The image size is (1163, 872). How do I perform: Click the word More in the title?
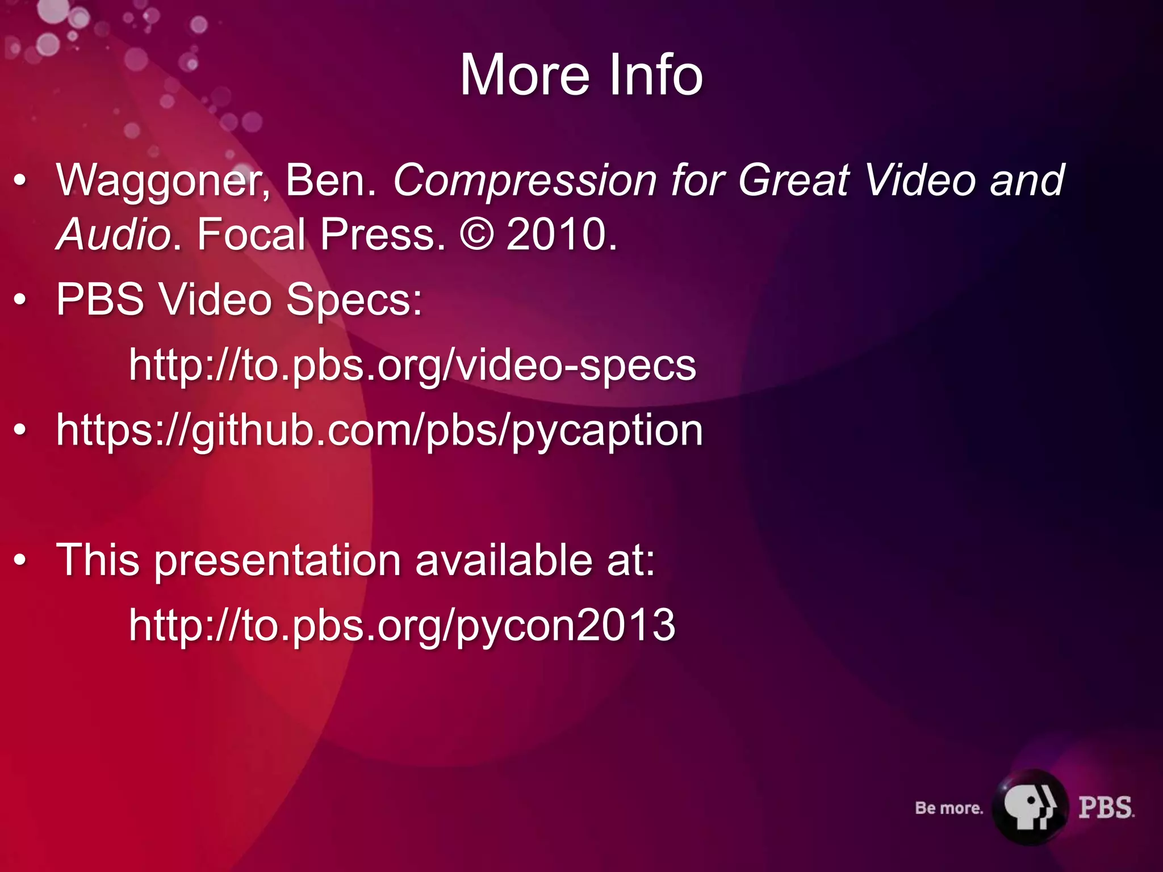(x=525, y=75)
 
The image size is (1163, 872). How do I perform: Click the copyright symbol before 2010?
(x=476, y=234)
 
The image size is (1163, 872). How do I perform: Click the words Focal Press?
(x=321, y=234)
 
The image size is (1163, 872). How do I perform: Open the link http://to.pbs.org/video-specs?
(x=412, y=365)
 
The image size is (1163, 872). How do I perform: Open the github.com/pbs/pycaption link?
(x=379, y=430)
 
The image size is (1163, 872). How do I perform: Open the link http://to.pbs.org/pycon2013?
(x=402, y=625)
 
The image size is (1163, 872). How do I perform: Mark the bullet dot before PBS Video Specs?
(x=20, y=300)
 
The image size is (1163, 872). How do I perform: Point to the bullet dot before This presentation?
(x=20, y=560)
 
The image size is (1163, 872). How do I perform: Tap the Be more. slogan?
(x=948, y=808)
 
